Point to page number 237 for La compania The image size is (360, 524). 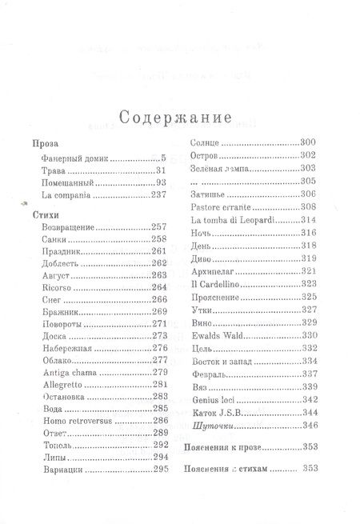(x=158, y=194)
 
